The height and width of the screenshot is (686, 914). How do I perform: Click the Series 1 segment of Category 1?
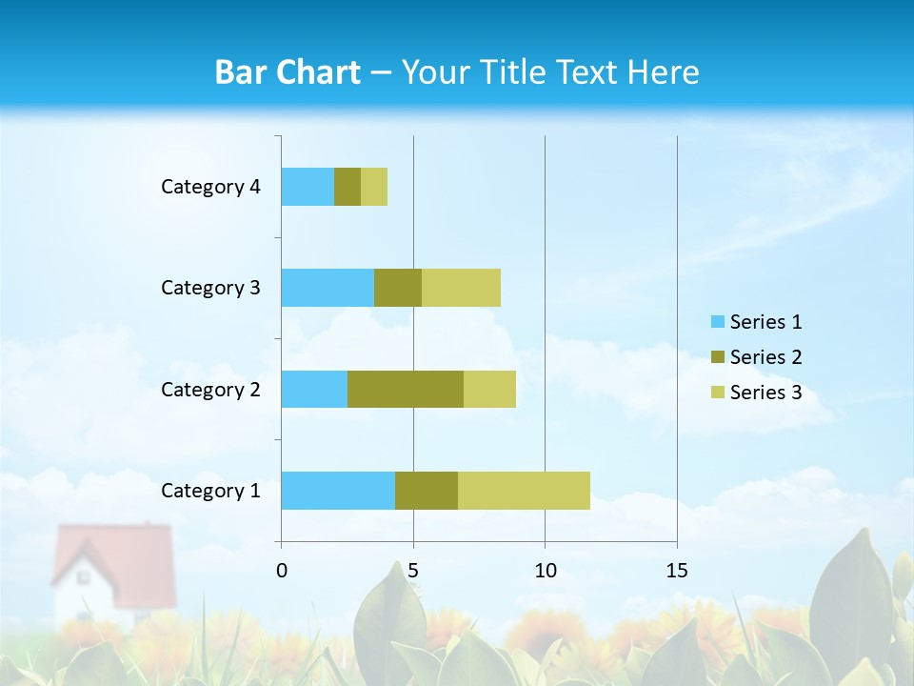click(338, 490)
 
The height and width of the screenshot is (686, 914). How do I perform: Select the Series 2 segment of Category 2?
click(406, 389)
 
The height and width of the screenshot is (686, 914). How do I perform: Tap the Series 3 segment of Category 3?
click(461, 288)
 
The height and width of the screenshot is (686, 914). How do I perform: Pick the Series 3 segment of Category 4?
click(374, 187)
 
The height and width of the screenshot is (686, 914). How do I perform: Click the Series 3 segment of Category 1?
click(524, 490)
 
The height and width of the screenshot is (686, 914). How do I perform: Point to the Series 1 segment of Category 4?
click(308, 187)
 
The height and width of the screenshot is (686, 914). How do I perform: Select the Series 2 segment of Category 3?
click(398, 288)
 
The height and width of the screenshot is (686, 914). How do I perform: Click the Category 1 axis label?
click(210, 491)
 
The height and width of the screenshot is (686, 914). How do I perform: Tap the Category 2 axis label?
click(210, 390)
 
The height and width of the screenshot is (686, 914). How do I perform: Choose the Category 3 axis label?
click(210, 288)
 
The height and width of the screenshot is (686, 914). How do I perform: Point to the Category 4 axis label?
click(210, 187)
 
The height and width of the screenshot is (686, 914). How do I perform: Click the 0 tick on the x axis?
click(282, 571)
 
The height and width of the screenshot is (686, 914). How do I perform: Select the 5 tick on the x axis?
click(413, 571)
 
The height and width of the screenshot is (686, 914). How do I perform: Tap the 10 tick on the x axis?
click(545, 571)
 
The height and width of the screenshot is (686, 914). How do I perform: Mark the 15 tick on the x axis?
click(677, 571)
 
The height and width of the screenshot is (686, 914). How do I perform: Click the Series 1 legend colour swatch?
click(717, 322)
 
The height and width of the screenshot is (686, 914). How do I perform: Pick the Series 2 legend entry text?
click(765, 357)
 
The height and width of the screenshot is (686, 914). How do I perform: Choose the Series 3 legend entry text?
click(765, 393)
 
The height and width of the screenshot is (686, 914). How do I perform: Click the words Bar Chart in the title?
click(288, 72)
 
